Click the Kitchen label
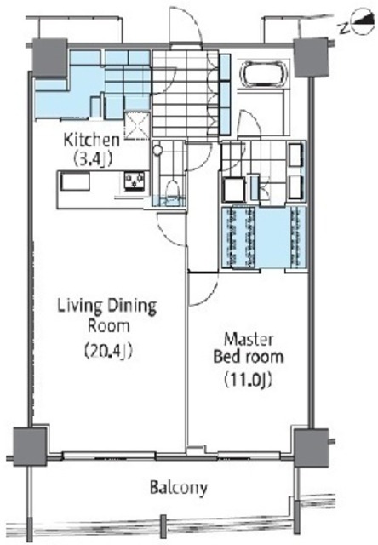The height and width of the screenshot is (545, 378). click(92, 140)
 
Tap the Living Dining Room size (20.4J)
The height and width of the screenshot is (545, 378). click(108, 351)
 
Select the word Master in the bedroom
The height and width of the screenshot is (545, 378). click(249, 339)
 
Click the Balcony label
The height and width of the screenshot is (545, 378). click(179, 487)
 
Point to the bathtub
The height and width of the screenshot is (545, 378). click(265, 73)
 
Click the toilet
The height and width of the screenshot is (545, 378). click(171, 190)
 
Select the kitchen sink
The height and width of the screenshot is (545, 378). click(75, 181)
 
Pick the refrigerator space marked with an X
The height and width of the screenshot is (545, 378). click(137, 125)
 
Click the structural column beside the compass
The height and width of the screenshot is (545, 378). click(310, 58)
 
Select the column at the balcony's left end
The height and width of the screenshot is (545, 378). click(30, 446)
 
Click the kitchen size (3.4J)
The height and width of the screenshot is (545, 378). click(92, 158)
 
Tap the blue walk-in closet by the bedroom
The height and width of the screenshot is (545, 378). click(264, 238)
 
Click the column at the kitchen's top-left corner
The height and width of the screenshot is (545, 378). click(49, 58)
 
